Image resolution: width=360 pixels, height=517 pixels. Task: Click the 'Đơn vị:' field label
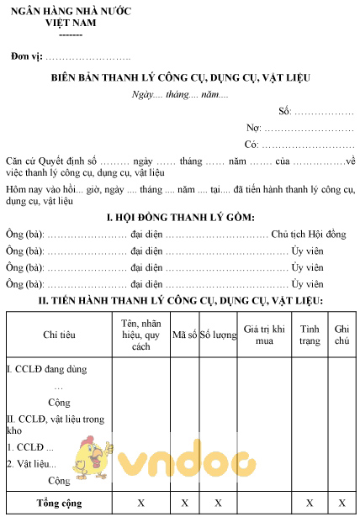(28, 57)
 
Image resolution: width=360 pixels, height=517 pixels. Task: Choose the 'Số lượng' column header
(217, 335)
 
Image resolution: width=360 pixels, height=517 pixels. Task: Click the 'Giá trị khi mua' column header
(264, 335)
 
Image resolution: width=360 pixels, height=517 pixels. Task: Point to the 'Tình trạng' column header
(310, 335)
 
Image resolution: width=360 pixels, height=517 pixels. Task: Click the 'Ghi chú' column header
(342, 335)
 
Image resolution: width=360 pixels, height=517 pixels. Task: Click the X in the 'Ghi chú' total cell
(342, 502)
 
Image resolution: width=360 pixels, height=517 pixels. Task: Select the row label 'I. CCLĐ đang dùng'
(46, 368)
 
